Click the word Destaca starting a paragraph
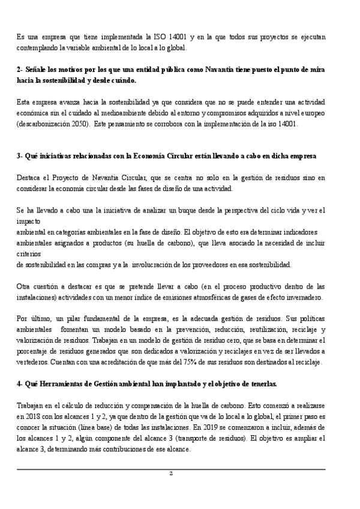coord(29,178)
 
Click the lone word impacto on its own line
coord(29,221)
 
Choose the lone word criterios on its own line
coord(29,253)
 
